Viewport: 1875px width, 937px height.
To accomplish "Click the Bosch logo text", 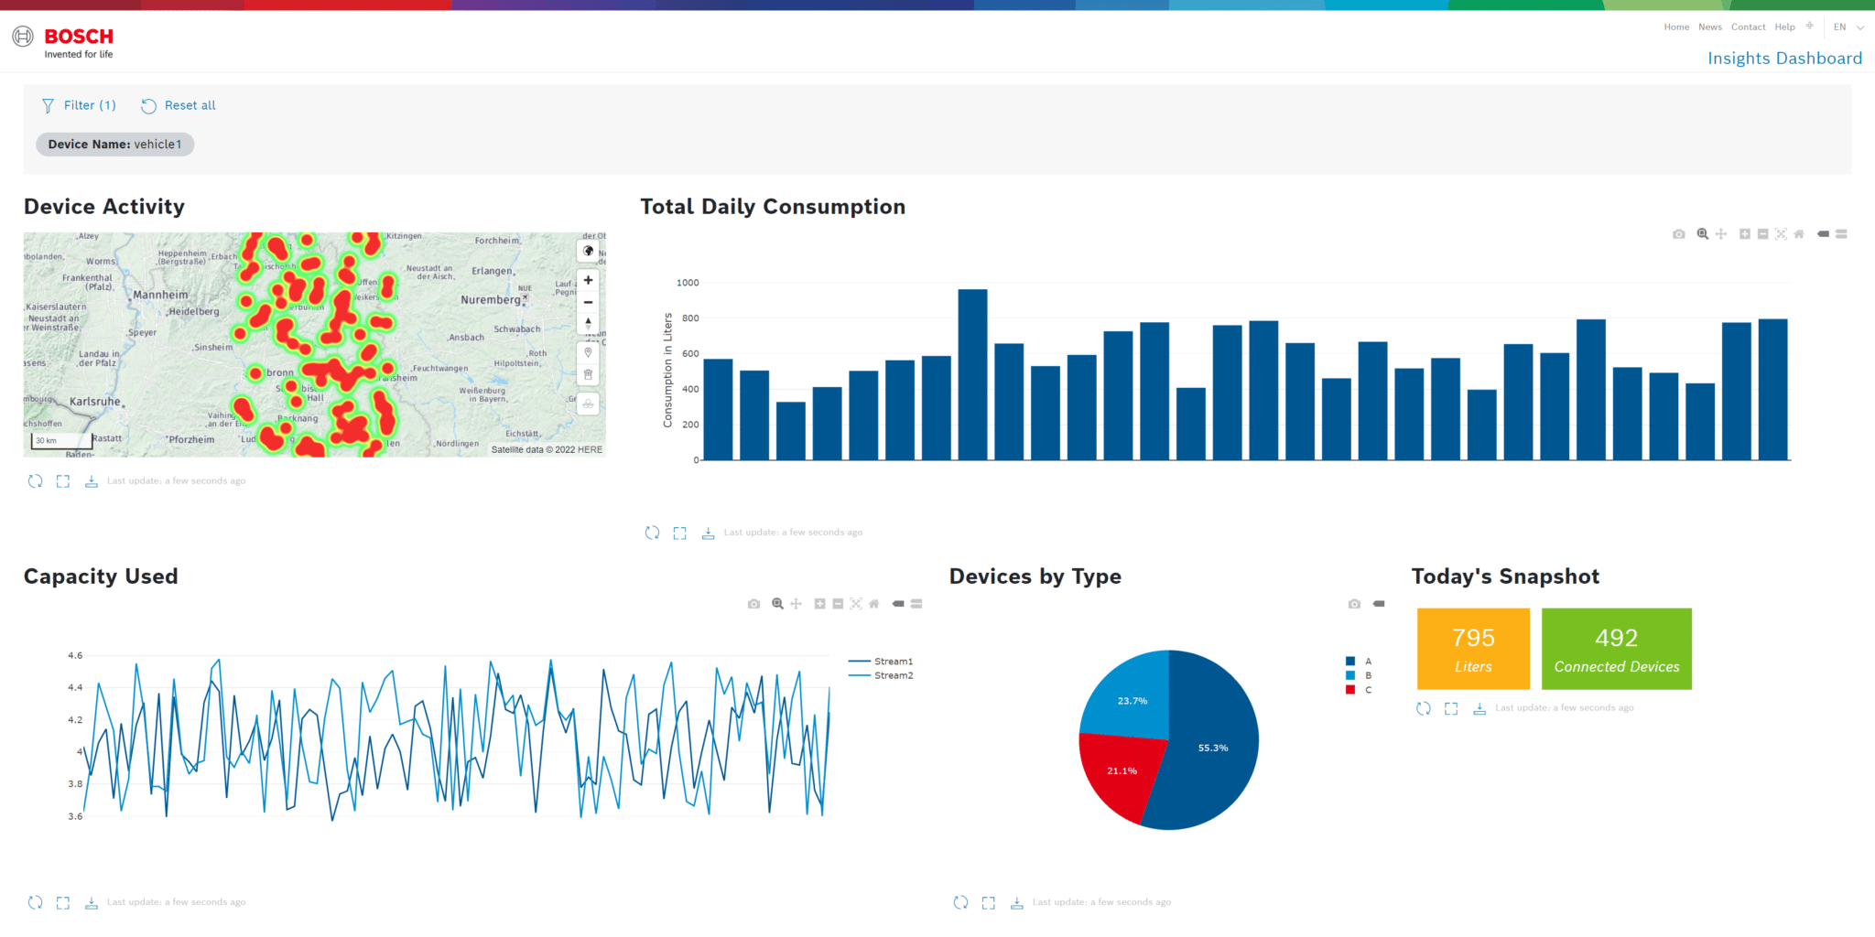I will pyautogui.click(x=79, y=37).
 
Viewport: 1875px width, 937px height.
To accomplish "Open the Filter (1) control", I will pyautogui.click(x=80, y=105).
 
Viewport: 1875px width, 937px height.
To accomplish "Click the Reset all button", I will pyautogui.click(x=179, y=105).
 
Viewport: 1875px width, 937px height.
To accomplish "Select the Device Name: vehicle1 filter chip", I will pyautogui.click(x=114, y=145).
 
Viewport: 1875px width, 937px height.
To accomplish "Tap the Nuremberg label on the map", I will pyautogui.click(x=491, y=300).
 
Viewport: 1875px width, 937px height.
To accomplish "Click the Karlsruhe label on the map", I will pyautogui.click(x=94, y=402).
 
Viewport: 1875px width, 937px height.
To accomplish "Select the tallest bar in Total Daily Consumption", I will pyautogui.click(x=972, y=375).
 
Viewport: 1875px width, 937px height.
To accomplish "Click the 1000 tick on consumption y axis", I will pyautogui.click(x=688, y=283).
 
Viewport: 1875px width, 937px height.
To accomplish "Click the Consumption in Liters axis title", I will pyautogui.click(x=667, y=370).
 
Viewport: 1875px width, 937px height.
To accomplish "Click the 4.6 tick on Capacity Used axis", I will pyautogui.click(x=75, y=656).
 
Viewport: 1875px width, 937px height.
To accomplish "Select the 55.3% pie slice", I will pyautogui.click(x=1212, y=748).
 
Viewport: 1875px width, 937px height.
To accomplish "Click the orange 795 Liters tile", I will pyautogui.click(x=1472, y=649).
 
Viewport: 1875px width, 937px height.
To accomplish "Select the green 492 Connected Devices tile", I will pyautogui.click(x=1616, y=649).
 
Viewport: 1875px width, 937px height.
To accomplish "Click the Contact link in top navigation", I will pyautogui.click(x=1747, y=27).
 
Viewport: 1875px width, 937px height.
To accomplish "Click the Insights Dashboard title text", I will pyautogui.click(x=1783, y=59).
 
